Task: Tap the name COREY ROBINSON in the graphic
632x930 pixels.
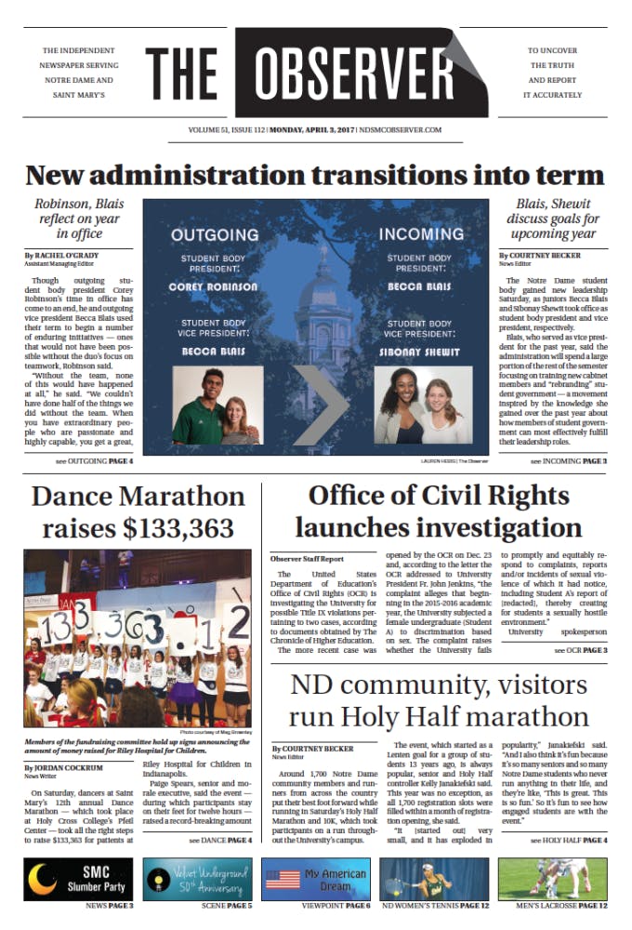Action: (213, 287)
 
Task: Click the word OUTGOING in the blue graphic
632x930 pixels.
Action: (214, 235)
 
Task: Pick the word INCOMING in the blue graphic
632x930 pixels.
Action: (420, 235)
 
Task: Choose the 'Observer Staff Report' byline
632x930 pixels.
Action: (307, 559)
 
